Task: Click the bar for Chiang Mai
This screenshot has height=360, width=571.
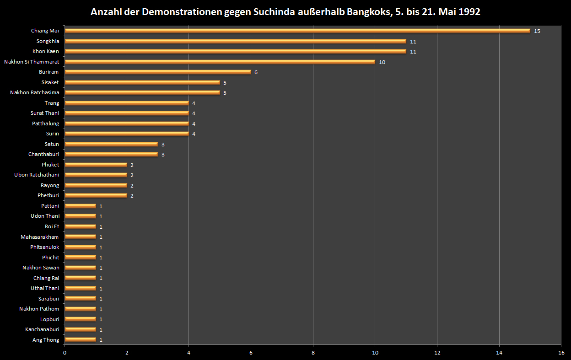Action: coord(297,31)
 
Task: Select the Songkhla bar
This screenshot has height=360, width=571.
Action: coord(235,41)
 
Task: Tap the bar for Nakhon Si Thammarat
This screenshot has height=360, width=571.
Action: coord(220,62)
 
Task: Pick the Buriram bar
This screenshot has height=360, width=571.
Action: coord(157,72)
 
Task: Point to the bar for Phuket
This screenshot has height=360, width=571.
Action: coord(96,165)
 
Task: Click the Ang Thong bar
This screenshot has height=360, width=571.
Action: coord(80,339)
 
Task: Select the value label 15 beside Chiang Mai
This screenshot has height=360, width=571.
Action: coord(537,31)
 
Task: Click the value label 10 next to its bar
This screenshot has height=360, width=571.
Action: coord(382,62)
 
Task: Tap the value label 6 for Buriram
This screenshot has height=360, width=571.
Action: coord(256,72)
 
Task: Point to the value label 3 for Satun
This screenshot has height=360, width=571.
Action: coord(163,145)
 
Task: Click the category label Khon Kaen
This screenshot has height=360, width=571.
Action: coord(46,51)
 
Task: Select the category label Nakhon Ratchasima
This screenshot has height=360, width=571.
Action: coord(35,92)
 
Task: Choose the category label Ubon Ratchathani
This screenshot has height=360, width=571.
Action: coord(37,175)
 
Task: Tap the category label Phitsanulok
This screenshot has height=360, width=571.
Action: coord(45,247)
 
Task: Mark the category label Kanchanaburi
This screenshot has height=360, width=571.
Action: coord(42,329)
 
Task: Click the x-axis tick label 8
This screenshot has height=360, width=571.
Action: coord(313,353)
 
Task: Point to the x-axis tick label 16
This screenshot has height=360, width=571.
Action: coord(561,353)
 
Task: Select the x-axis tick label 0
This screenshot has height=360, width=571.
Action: coord(65,353)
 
